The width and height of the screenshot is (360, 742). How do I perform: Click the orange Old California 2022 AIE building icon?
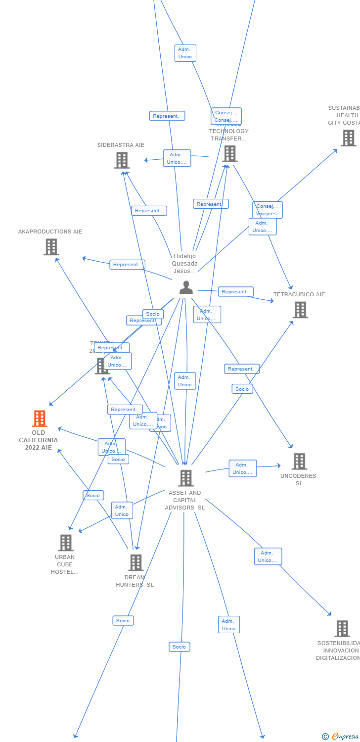coord(40,418)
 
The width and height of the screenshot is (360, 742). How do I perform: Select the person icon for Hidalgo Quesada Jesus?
coord(186,287)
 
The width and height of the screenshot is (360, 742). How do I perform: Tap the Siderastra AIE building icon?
coord(122,160)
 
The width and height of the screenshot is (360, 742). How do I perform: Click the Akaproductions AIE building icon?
coord(51,247)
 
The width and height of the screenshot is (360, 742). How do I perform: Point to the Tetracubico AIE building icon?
coord(300,310)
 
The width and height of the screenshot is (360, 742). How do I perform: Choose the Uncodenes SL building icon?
coord(299,462)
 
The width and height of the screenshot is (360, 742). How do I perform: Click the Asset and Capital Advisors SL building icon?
coord(185,478)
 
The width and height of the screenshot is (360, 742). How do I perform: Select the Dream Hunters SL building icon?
coord(135,562)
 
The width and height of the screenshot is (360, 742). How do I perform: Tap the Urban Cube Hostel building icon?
coord(65,543)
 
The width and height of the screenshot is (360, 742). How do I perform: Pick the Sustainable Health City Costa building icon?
coord(348,138)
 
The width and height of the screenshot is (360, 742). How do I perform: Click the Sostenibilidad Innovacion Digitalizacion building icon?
coord(342,629)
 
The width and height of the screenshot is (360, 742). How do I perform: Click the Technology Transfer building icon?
coord(229,153)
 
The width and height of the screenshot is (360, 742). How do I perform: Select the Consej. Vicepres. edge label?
coord(268,210)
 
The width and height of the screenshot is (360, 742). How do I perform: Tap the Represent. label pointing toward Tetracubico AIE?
coord(235,292)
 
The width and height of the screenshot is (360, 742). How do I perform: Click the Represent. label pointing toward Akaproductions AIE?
coord(127,265)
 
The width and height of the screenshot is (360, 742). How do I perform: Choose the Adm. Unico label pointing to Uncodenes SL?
coord(242,468)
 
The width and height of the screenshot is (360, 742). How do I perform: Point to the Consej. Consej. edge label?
coord(226,116)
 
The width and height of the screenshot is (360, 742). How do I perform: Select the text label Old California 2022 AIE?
coord(39,440)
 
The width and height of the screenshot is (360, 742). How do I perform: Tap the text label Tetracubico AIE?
coord(299,294)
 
